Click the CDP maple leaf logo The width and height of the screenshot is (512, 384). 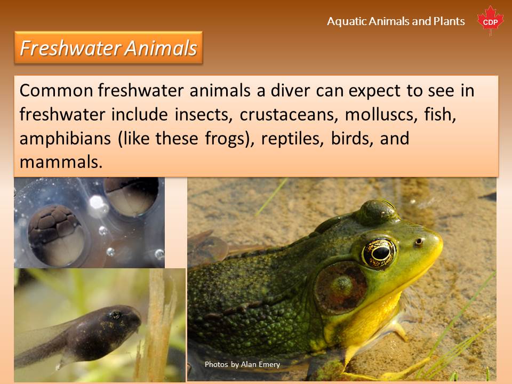[490, 20]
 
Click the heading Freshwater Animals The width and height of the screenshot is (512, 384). [108, 47]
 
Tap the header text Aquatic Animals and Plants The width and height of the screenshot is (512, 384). [396, 21]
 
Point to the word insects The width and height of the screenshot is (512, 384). [203, 114]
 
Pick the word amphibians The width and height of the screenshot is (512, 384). [65, 139]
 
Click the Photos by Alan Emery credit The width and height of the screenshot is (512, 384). [242, 364]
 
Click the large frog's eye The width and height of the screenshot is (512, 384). [379, 253]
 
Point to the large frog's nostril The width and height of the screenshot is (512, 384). [418, 242]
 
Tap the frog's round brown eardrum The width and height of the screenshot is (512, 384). [341, 286]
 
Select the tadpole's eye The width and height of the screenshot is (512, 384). [115, 315]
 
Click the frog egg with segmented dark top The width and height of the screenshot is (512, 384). [56, 235]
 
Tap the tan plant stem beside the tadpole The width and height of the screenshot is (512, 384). [157, 326]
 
